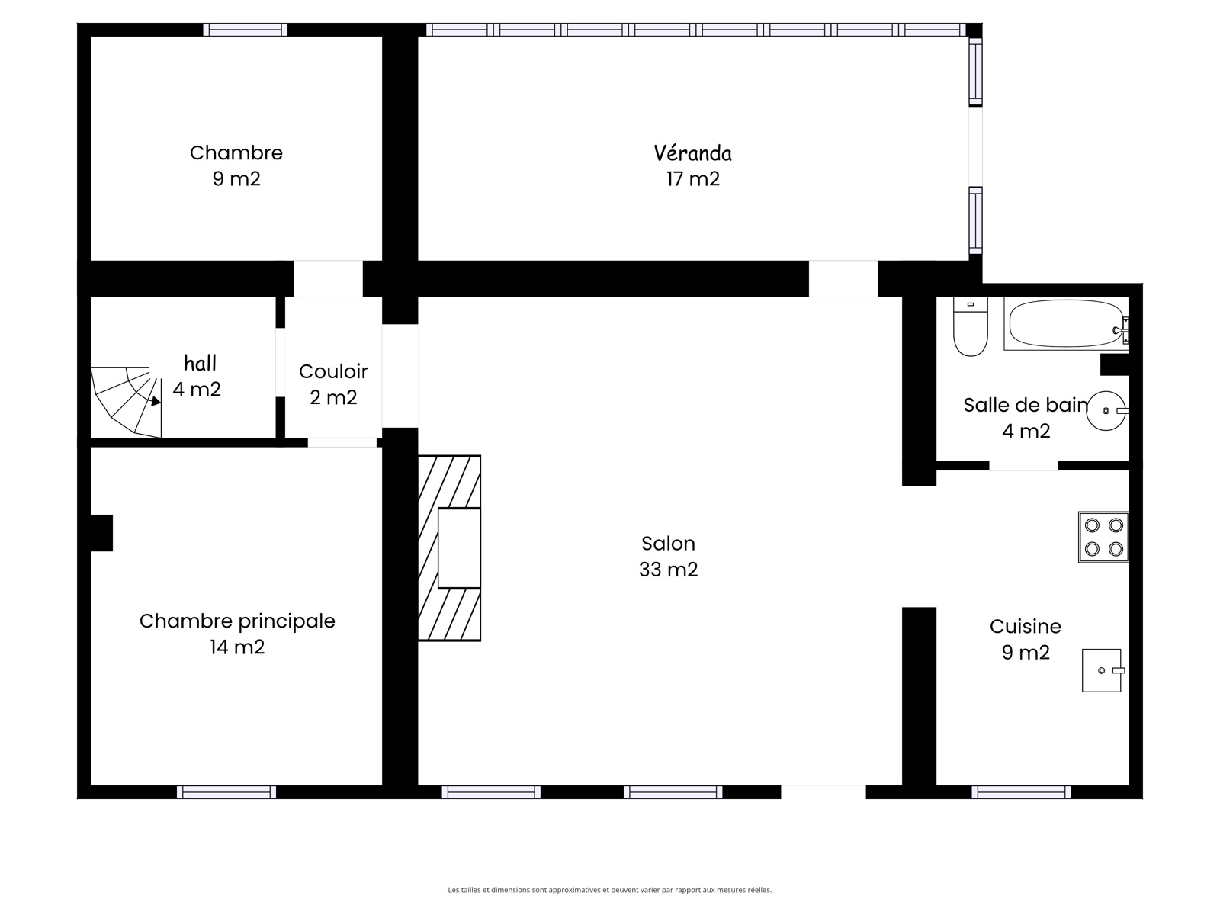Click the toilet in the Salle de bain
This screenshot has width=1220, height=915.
click(970, 326)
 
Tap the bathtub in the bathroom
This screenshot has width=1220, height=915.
click(1066, 323)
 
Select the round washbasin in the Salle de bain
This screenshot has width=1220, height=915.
click(1106, 410)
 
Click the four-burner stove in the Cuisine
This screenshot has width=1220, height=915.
click(1103, 537)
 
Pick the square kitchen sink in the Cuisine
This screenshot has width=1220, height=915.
click(1102, 670)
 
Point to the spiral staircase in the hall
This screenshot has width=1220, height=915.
click(126, 402)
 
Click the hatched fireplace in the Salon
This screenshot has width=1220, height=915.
click(449, 547)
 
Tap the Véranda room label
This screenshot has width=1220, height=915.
click(692, 152)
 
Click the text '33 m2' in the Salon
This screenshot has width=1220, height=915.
click(668, 570)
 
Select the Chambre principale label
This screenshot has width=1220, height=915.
click(237, 621)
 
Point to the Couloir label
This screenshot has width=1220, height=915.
click(333, 371)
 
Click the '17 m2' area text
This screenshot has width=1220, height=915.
click(693, 179)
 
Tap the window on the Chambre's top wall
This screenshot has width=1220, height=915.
click(245, 30)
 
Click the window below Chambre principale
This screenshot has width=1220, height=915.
click(226, 791)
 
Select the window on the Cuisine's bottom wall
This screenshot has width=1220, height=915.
click(1021, 791)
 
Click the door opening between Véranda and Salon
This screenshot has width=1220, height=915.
click(843, 278)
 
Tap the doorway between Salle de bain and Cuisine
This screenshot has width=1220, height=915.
click(1023, 466)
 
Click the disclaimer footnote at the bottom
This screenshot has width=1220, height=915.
click(610, 889)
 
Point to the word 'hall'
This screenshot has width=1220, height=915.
click(200, 364)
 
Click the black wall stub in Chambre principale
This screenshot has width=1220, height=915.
click(101, 533)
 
